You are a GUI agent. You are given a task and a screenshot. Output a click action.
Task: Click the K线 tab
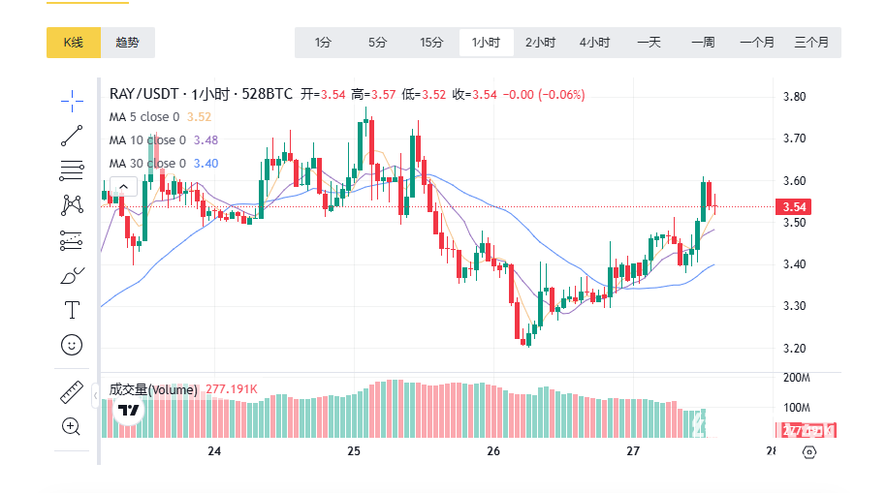pos(74,43)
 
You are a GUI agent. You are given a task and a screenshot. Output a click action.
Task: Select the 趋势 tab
pos(127,43)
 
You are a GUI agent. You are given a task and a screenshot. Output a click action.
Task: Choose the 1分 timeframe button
pos(323,43)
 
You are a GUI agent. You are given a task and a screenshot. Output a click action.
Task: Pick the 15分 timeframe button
pos(431,43)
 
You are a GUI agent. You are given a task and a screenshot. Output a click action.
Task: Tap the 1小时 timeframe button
pos(486,43)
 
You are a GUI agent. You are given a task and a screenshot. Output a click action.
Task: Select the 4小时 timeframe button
pos(594,43)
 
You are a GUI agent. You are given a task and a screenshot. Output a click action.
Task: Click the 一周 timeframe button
pos(703,43)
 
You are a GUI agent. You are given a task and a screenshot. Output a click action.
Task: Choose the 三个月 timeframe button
pos(811,43)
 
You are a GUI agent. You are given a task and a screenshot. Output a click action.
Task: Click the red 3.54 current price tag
pos(794,206)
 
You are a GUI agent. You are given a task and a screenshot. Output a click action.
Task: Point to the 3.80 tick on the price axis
pos(795,97)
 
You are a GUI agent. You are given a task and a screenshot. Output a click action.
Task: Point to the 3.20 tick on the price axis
pos(795,348)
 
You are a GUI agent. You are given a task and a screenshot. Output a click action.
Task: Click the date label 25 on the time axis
pos(354,451)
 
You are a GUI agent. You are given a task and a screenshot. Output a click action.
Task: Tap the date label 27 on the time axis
pos(634,451)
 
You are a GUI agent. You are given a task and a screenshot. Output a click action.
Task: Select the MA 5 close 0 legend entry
pos(144,117)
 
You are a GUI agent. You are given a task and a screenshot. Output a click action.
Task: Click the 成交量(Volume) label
pos(153,389)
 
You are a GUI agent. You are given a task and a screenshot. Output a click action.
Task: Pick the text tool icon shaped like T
pos(72,310)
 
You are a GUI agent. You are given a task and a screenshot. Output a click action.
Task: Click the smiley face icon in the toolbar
pos(72,345)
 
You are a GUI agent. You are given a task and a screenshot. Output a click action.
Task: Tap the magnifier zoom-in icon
pos(72,426)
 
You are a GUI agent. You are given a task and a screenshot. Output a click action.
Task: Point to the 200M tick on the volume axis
pos(796,377)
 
